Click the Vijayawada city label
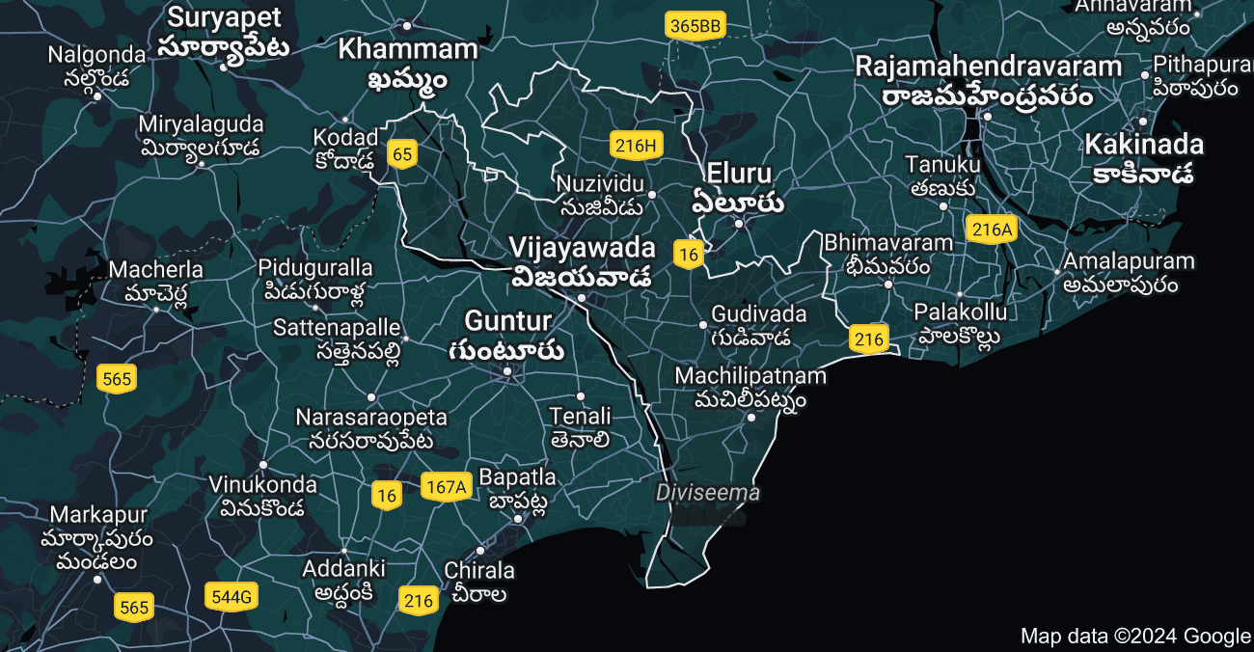(x=582, y=248)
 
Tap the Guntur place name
(x=507, y=321)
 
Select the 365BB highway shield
(x=695, y=26)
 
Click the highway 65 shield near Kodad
(x=402, y=153)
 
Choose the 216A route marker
(x=993, y=230)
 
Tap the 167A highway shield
(x=445, y=487)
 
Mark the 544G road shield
(x=232, y=597)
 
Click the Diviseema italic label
(x=708, y=493)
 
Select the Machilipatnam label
(x=750, y=375)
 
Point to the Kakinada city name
(x=1144, y=146)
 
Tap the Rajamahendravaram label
(x=989, y=68)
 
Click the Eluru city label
(x=739, y=175)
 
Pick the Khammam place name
(x=408, y=50)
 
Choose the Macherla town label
(x=156, y=269)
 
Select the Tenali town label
(x=580, y=417)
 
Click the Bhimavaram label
(x=888, y=243)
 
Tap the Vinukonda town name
(x=262, y=484)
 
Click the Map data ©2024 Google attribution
(x=1135, y=636)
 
